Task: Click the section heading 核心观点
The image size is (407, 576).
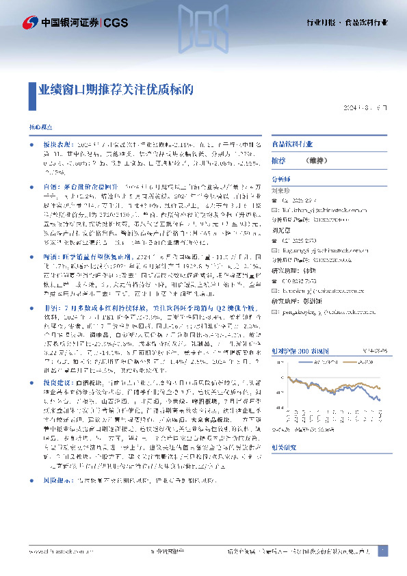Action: tap(40, 128)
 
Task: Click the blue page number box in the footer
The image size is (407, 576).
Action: tap(383, 551)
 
